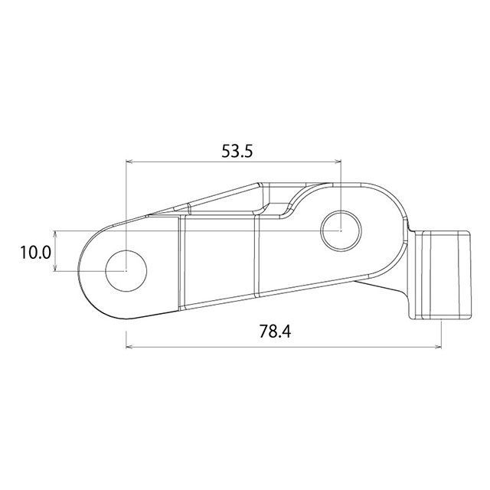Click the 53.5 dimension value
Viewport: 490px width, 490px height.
pos(237,152)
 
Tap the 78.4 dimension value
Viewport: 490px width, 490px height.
pos(275,332)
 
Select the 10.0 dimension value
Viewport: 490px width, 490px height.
pos(35,253)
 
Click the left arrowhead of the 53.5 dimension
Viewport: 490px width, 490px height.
pos(129,162)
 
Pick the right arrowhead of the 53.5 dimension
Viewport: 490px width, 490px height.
pos(338,162)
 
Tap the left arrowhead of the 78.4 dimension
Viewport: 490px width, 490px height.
pos(129,347)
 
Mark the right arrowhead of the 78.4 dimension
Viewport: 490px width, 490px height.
pos(438,347)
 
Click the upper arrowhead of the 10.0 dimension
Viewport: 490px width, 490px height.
pos(55,234)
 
